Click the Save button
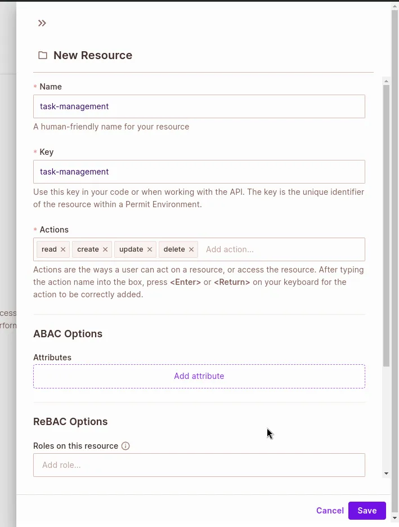(x=367, y=511)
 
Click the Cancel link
(x=330, y=511)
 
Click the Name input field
(x=199, y=106)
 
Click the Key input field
(x=199, y=172)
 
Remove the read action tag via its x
(x=63, y=249)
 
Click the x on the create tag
(x=105, y=249)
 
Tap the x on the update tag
(x=150, y=249)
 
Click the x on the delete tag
(x=191, y=249)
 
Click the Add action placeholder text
(x=230, y=249)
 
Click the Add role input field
(x=199, y=465)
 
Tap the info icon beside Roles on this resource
(x=125, y=446)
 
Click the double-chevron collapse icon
(x=42, y=23)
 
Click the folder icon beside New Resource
(x=43, y=55)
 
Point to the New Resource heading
(x=93, y=55)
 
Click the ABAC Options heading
(x=68, y=334)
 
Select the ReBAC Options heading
(x=70, y=422)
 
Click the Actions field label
(x=54, y=230)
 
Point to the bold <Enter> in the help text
(x=185, y=282)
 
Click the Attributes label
(x=52, y=358)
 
